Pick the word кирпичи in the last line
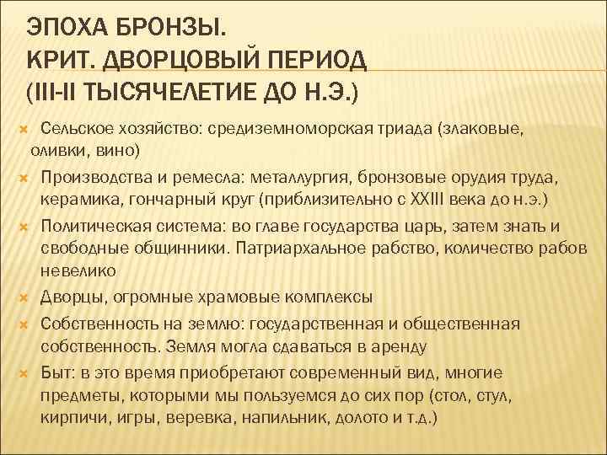pos(69,416)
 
